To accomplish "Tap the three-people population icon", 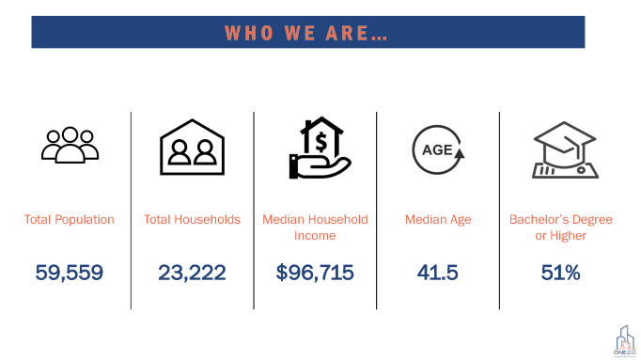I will coord(70,142).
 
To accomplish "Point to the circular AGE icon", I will coord(438,149).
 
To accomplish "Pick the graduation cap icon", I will coord(561,149).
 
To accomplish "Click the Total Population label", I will coord(70,220).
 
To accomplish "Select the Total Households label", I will coord(192,220).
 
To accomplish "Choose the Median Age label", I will coord(438,220).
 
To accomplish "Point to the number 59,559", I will coord(70,273).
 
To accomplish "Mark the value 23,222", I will coord(192,273).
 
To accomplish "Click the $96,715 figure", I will coord(315,273).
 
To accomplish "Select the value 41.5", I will coord(438,273).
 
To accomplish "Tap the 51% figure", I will coord(561,273).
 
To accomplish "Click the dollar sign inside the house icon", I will coord(321,142).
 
